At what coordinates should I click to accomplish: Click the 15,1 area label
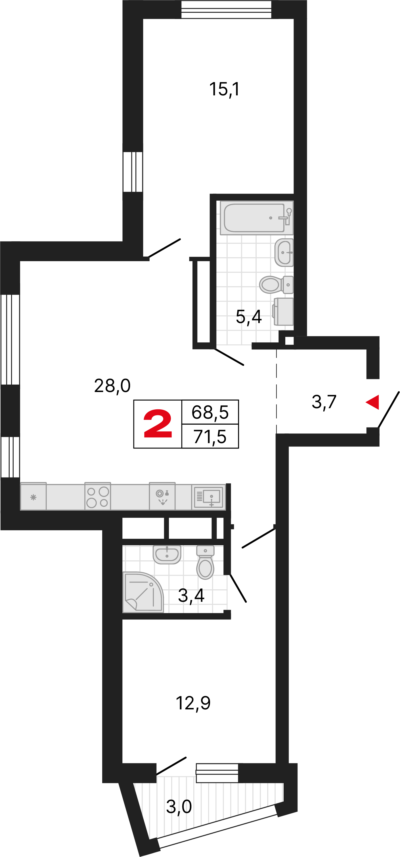pos(224,89)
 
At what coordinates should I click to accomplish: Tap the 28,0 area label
pos(112,386)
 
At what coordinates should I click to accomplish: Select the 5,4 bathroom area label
pos(249,317)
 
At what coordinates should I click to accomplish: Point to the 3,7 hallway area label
pos(324,402)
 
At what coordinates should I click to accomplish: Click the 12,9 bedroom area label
pos(193,703)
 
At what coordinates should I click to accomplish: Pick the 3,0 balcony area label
pos(179,806)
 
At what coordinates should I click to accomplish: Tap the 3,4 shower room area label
pos(191,595)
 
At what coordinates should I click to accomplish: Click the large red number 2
pos(158,424)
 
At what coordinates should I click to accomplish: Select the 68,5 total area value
pos(210,412)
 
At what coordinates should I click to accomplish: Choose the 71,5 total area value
pos(210,437)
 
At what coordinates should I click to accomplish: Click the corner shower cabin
pos(143,592)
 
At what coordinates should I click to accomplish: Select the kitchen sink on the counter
pos(209,497)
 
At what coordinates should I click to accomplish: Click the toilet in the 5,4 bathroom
pos(276,285)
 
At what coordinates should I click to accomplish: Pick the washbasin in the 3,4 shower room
pos(167,555)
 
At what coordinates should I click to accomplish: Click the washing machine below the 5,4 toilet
pos(283,312)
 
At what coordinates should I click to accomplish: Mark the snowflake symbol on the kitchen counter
pos(33,498)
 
